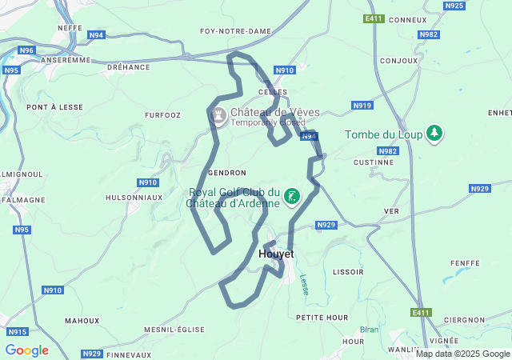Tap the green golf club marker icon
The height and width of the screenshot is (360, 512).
(292, 197)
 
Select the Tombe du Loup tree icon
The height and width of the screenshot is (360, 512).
(434, 134)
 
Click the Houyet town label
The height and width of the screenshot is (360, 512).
(277, 254)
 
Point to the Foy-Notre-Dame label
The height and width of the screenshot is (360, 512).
(235, 31)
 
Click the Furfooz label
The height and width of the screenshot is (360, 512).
(162, 115)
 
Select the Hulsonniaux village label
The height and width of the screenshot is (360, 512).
(134, 197)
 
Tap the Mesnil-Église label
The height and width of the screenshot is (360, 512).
(174, 330)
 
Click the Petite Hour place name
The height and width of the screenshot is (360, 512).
(322, 318)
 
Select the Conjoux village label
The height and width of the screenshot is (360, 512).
(399, 61)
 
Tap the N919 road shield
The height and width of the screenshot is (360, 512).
(362, 106)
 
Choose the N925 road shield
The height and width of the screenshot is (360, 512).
(454, 6)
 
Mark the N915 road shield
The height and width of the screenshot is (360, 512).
(17, 331)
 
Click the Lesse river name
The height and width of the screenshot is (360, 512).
(304, 285)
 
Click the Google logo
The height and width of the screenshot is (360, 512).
(26, 350)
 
